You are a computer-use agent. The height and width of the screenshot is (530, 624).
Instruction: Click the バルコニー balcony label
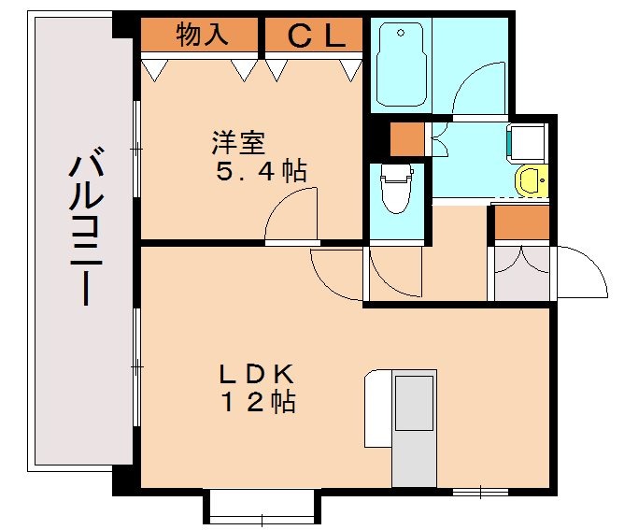82,229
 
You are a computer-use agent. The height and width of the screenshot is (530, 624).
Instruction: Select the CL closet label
311,36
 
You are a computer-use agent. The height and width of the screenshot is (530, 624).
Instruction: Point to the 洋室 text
238,143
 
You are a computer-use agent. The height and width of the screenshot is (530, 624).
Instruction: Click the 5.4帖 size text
259,172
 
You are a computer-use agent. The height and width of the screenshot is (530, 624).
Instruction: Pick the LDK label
257,374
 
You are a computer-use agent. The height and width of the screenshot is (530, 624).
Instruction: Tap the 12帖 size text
258,403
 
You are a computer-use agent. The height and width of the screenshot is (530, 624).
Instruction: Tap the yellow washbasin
531,179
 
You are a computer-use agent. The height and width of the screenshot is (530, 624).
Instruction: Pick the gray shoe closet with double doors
521,272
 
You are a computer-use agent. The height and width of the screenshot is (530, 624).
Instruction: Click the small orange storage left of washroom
406,139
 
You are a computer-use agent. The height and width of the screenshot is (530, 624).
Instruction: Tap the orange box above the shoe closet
521,222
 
